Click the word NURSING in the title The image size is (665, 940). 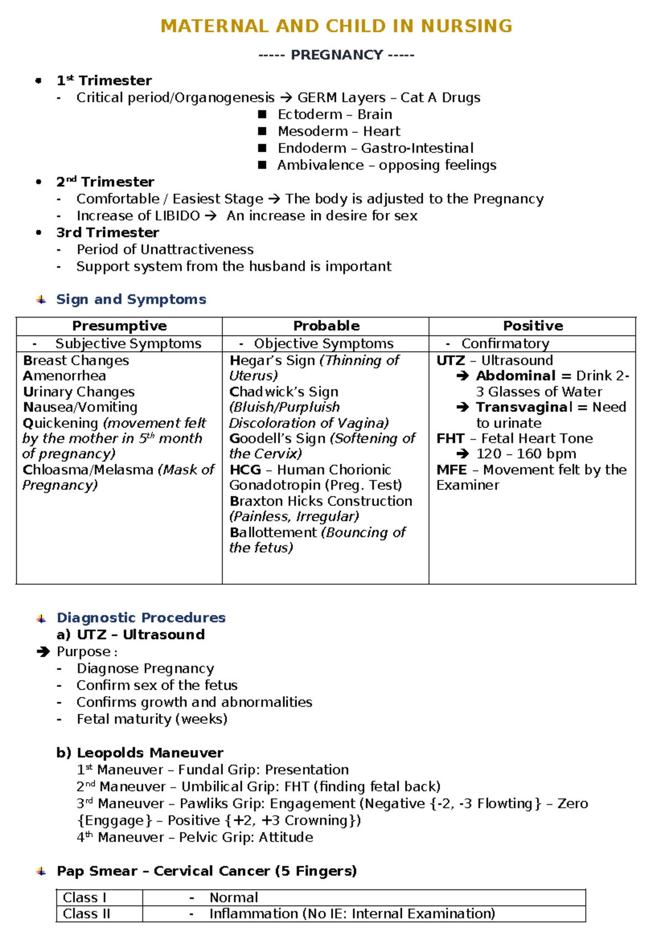[466, 26]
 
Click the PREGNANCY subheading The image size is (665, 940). [336, 55]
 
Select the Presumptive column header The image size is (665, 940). [119, 326]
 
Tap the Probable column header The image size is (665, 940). [326, 326]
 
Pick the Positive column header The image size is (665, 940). [533, 326]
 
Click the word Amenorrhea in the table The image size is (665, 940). [64, 376]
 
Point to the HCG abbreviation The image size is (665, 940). [245, 470]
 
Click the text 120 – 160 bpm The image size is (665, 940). [526, 454]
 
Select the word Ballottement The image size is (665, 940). [273, 533]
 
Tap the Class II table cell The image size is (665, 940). [87, 914]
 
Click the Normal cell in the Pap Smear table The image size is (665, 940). [233, 897]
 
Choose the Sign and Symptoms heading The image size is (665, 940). [131, 299]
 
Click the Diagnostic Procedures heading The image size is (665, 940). [141, 617]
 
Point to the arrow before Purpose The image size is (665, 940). [43, 652]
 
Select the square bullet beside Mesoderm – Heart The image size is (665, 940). [262, 131]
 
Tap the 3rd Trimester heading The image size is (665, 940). [108, 232]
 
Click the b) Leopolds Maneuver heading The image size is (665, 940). [140, 753]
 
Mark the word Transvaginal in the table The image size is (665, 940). [524, 407]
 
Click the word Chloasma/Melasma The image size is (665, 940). [88, 470]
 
